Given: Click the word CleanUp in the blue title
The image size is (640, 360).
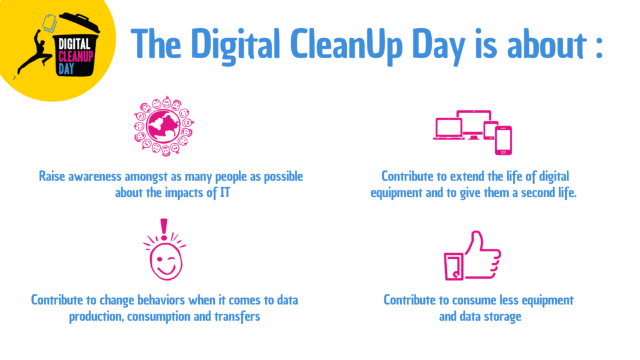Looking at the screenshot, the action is tap(347, 45).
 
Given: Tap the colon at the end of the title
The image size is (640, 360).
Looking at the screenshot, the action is tap(599, 45).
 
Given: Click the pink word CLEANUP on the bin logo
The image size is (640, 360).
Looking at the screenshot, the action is tap(76, 56).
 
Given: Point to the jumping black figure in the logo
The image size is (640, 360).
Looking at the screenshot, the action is tap(35, 53).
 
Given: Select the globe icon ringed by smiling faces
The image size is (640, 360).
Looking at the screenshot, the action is tap(164, 126).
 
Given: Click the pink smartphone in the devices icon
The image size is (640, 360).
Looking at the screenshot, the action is tap(503, 141).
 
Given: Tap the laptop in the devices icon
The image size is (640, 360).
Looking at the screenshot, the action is tap(449, 129).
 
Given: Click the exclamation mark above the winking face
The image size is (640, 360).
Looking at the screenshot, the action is tap(164, 229).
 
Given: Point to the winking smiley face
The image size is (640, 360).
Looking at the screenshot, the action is tap(166, 261).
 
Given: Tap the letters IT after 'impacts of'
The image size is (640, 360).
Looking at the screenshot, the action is tap(225, 192).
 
